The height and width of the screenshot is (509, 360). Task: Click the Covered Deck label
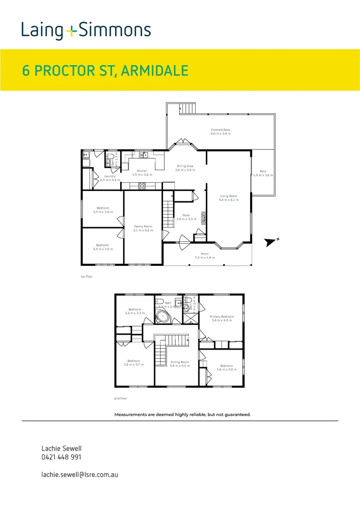pyautogui.click(x=221, y=130)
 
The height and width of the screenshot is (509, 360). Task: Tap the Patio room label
pyautogui.click(x=262, y=171)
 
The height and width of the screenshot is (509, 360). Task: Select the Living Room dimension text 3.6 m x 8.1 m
pyautogui.click(x=229, y=200)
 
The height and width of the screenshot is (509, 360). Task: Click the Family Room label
pyautogui.click(x=143, y=226)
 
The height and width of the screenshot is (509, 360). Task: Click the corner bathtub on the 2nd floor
pyautogui.click(x=163, y=316)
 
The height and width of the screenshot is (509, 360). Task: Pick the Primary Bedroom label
pyautogui.click(x=221, y=317)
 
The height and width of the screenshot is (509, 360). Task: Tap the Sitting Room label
pyautogui.click(x=180, y=361)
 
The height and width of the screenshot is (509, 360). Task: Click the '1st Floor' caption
pyautogui.click(x=87, y=277)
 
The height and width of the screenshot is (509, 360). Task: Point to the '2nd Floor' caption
pyautogui.click(x=121, y=398)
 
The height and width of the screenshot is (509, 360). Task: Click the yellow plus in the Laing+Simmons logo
pyautogui.click(x=71, y=32)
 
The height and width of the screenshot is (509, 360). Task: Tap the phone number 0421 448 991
pyautogui.click(x=61, y=457)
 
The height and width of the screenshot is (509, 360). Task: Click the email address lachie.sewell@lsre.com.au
pyautogui.click(x=80, y=474)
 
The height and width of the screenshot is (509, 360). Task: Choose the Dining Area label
pyautogui.click(x=185, y=166)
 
